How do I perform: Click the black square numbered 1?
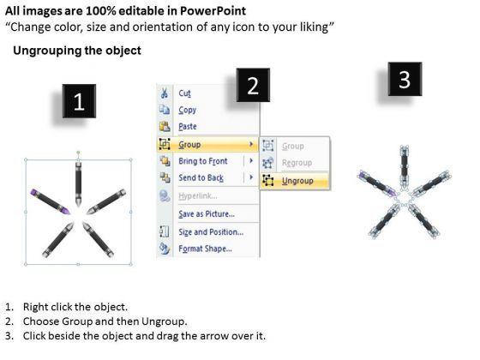tap(79, 101)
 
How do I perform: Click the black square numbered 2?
tap(253, 85)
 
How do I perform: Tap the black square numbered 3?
tap(405, 79)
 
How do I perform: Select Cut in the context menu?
tap(184, 93)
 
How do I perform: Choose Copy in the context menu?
tap(188, 110)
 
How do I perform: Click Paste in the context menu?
tap(188, 126)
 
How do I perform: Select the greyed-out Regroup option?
tap(297, 163)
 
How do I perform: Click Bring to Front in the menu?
tap(203, 161)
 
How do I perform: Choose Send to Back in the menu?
tap(201, 177)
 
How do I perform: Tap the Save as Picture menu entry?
tap(207, 213)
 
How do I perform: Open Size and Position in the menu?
tap(211, 231)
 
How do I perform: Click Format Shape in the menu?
tap(205, 249)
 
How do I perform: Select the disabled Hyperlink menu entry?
tap(198, 196)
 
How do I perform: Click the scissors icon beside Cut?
tap(165, 93)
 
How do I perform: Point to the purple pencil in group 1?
tap(51, 201)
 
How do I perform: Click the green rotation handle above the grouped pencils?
tap(78, 153)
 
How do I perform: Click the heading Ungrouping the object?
tap(77, 51)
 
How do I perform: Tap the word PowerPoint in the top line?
tap(213, 11)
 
